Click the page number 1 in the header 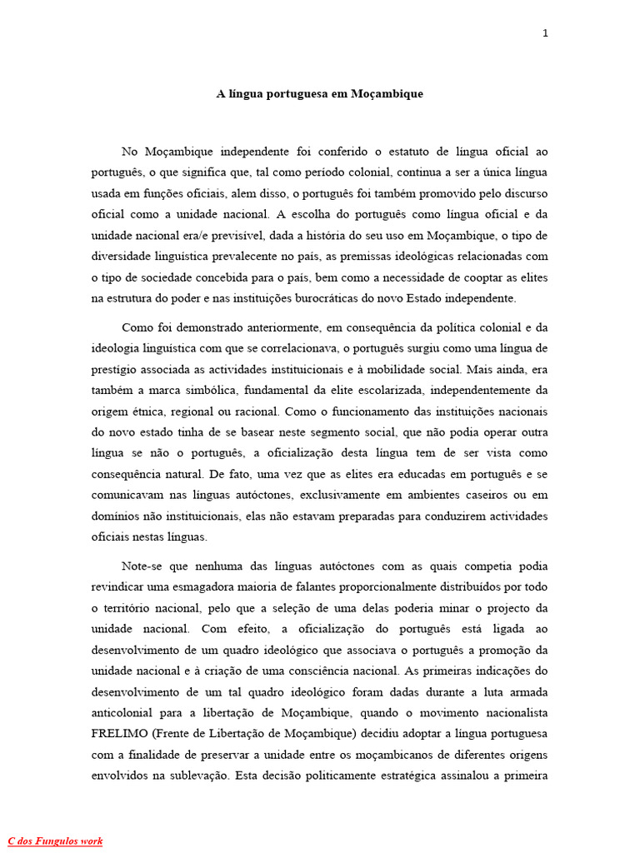click(x=545, y=33)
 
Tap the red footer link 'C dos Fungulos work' click(x=55, y=841)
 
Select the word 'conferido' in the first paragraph click(x=337, y=152)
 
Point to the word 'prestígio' click(x=112, y=369)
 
